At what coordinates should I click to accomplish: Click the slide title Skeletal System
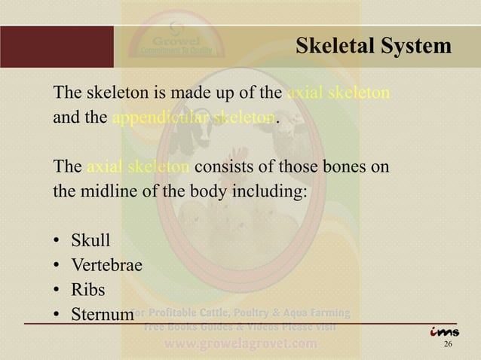373,46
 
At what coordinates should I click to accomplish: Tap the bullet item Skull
90,241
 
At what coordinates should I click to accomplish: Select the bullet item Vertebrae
106,264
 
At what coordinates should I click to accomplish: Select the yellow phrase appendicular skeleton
195,118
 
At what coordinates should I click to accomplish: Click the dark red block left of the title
57,47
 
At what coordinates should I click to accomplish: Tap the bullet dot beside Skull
57,242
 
